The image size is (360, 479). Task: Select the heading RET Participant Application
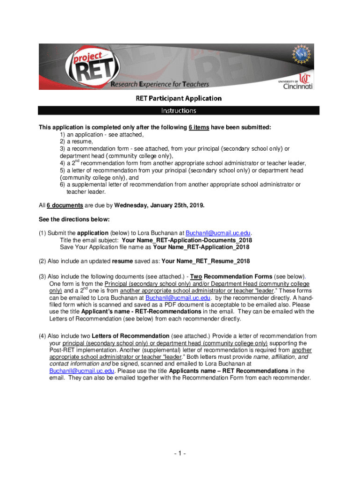click(179, 98)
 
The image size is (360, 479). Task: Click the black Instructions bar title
click(179, 111)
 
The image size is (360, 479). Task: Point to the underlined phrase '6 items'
click(199, 127)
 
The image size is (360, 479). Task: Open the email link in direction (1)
click(218, 233)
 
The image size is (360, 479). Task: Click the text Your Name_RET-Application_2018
click(201, 247)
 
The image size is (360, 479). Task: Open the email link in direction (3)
click(179, 298)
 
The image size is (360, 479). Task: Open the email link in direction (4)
click(82, 370)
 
